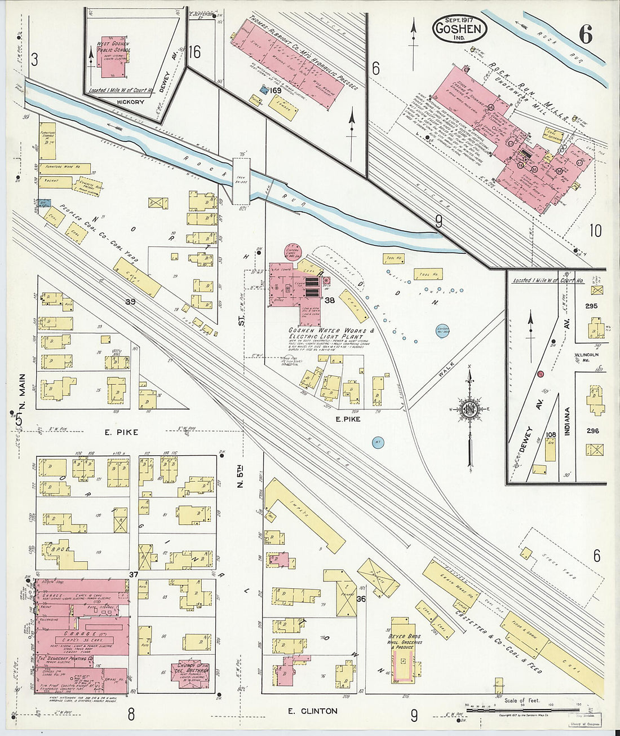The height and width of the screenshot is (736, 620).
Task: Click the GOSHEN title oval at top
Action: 460,28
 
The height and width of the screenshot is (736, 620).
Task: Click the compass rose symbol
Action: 468,410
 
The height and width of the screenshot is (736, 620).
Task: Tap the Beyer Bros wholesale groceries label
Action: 405,641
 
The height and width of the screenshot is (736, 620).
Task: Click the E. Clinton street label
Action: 312,711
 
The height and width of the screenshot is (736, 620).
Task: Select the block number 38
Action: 330,301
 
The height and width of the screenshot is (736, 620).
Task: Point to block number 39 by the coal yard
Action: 130,302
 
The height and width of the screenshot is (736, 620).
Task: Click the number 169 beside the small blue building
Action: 276,90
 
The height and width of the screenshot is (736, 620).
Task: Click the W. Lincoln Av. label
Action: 586,355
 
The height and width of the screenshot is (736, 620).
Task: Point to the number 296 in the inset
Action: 592,431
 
